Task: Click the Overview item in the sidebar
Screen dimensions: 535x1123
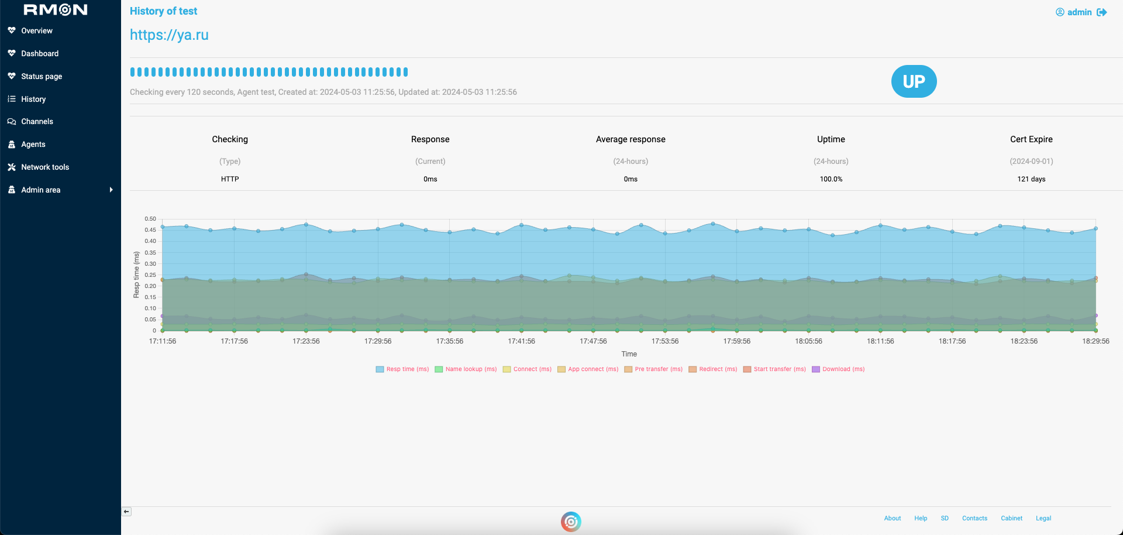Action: pos(36,30)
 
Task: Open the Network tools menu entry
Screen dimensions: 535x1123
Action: pos(44,167)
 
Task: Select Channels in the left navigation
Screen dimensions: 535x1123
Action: pos(37,121)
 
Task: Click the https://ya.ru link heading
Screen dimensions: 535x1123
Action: pos(169,35)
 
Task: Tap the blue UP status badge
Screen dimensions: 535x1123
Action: pos(914,81)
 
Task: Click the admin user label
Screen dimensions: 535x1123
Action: pos(1079,12)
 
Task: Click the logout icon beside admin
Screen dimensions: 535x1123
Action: pos(1102,12)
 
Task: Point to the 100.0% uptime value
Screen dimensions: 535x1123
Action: pos(831,179)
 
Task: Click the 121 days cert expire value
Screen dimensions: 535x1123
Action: pos(1031,179)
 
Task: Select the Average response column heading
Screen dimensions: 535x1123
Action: pos(630,139)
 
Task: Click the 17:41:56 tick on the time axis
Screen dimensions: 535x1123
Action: pos(521,341)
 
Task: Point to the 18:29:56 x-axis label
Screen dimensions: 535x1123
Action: pos(1095,341)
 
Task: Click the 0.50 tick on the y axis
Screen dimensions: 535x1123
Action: pos(150,219)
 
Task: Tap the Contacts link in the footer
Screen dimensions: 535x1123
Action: pos(974,519)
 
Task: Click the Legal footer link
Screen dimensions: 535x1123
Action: pos(1043,519)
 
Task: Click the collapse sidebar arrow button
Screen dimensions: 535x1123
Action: pos(126,512)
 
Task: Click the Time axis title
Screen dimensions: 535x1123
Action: pos(629,354)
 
